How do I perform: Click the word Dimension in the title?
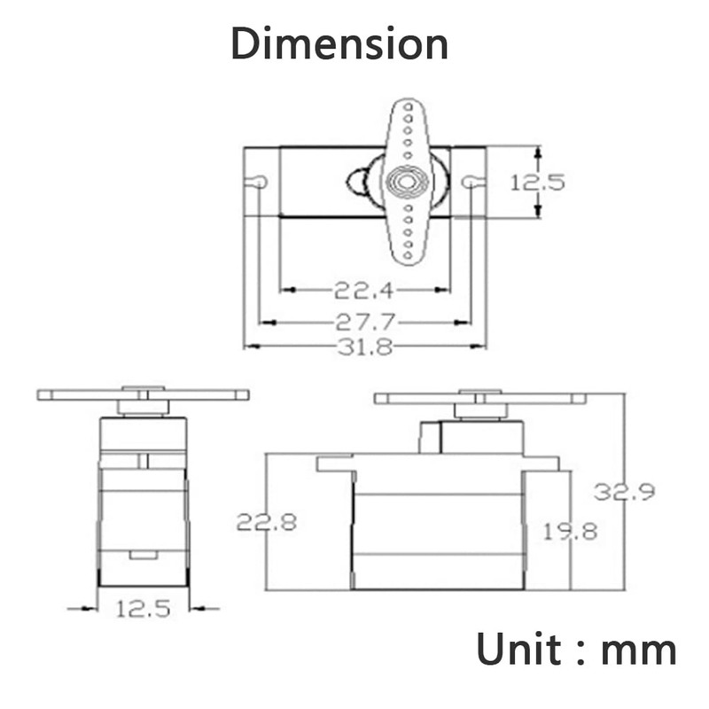coord(339,43)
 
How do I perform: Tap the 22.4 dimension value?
coord(364,291)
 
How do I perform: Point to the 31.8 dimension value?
coord(365,347)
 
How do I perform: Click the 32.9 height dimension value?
coord(625,492)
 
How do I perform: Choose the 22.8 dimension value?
coord(267,522)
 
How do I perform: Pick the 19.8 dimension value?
coord(570,531)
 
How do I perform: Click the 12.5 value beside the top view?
coord(538,183)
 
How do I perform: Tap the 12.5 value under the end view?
coord(144,609)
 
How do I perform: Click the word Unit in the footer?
coord(519,649)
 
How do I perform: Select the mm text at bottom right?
coord(639,653)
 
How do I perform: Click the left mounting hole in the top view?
coord(258,182)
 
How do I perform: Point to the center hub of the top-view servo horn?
coord(408,182)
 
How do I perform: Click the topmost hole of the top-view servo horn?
coord(408,107)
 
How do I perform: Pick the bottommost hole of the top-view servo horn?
coord(408,255)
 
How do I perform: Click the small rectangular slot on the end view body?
coord(144,555)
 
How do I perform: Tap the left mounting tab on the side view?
coord(335,464)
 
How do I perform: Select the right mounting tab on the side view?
coord(541,464)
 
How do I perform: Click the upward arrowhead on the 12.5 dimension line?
coord(538,152)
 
